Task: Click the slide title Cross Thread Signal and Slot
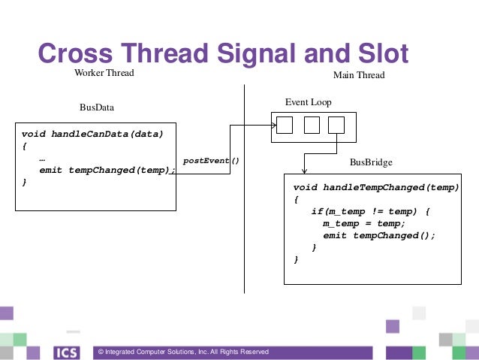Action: (x=223, y=53)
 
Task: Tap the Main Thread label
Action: (x=358, y=76)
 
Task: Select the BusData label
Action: (x=97, y=107)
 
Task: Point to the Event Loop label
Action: (x=308, y=102)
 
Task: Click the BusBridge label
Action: (x=371, y=162)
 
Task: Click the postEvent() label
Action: (x=211, y=161)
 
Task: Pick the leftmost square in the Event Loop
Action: (x=285, y=125)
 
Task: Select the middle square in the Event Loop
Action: (x=312, y=125)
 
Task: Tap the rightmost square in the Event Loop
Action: (x=336, y=125)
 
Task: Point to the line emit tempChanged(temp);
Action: (x=107, y=170)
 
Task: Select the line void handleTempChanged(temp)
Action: (x=375, y=187)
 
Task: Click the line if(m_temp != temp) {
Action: (x=370, y=211)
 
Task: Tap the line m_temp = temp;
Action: (x=364, y=223)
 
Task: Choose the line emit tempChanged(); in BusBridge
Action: (x=379, y=235)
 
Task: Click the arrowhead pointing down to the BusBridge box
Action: (x=303, y=170)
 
